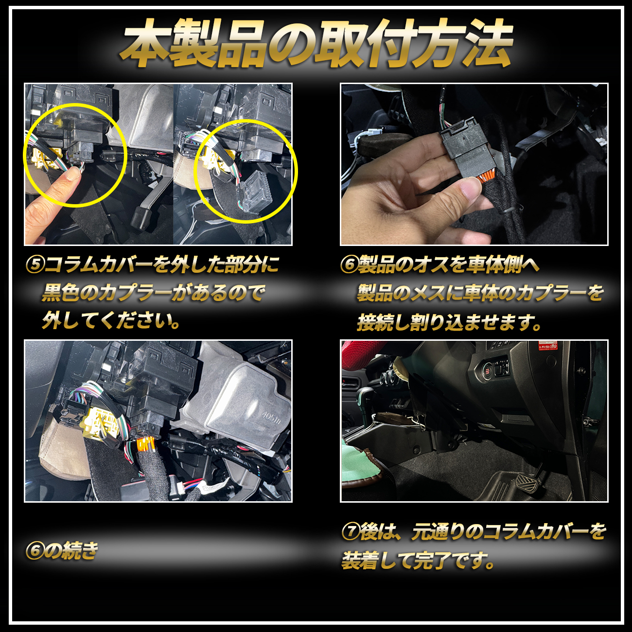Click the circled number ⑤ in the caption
pyautogui.click(x=35, y=264)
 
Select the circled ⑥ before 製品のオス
pyautogui.click(x=349, y=264)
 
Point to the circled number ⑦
pyautogui.click(x=351, y=532)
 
